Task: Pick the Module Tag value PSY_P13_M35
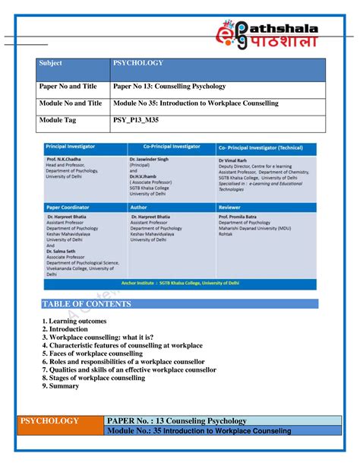click(141, 120)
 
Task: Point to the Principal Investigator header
click(76, 146)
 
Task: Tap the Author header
click(140, 205)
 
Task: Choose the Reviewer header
click(229, 205)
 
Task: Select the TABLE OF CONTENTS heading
click(87, 304)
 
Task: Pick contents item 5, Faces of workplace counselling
click(92, 353)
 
